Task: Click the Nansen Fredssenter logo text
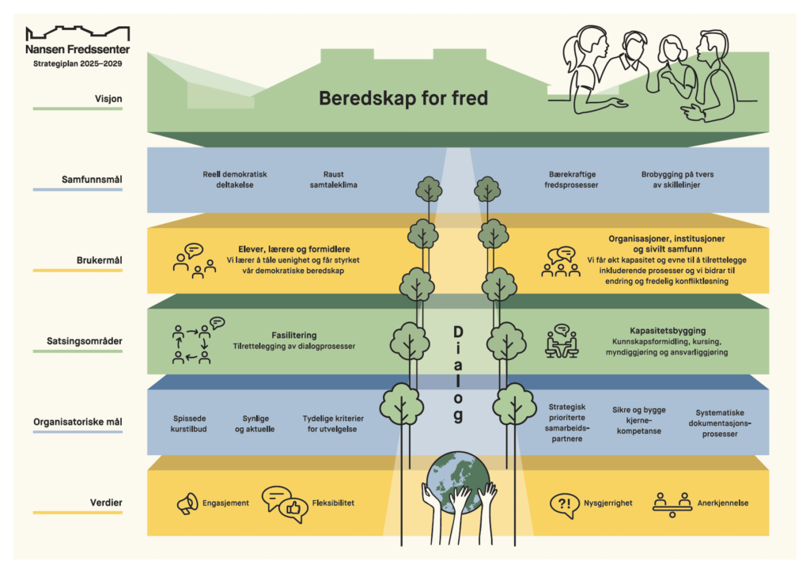pos(78,48)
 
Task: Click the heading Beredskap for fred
pos(403,98)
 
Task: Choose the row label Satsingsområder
pos(89,342)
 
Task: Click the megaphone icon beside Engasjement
pos(186,504)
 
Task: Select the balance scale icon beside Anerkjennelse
pos(671,503)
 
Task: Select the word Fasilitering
pos(293,335)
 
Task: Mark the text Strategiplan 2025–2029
pos(78,63)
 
